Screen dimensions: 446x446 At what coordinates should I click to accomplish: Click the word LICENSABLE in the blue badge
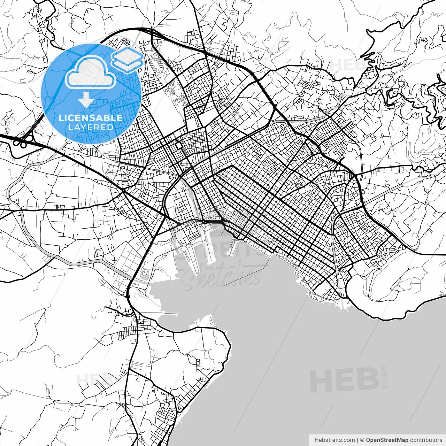[x=91, y=118]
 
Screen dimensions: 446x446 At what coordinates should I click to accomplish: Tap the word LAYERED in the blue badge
[x=91, y=127]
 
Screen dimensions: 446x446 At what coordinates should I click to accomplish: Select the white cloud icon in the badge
[x=91, y=72]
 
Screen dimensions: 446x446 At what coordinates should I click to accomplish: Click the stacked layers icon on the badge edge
[x=128, y=60]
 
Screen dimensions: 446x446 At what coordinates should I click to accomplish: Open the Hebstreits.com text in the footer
[x=334, y=440]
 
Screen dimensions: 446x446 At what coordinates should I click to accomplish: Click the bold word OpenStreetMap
[x=387, y=440]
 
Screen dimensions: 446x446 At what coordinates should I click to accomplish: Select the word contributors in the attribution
[x=426, y=440]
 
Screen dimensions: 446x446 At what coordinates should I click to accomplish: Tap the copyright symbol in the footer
[x=362, y=440]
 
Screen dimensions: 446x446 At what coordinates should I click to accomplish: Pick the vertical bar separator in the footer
[x=357, y=440]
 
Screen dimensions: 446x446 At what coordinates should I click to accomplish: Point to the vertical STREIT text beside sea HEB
[x=385, y=377]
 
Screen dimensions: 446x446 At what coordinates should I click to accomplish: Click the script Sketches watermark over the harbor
[x=223, y=277]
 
